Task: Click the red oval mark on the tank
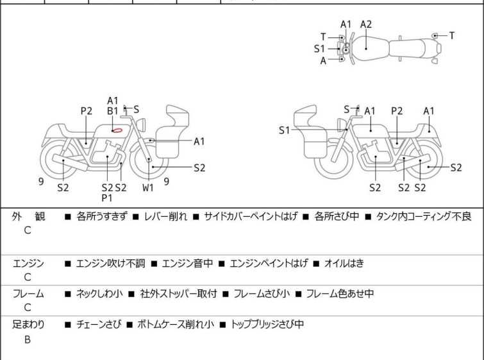(117, 130)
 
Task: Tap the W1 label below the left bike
(148, 188)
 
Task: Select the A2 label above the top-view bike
(366, 24)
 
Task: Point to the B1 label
(113, 111)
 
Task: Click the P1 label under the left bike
(107, 198)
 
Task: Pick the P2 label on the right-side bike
(397, 111)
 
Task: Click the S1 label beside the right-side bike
(285, 130)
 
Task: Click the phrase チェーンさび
(98, 325)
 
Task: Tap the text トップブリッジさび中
(267, 325)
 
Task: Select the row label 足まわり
(28, 325)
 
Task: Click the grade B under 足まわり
(28, 340)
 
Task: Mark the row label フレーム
(28, 294)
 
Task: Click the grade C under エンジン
(28, 278)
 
